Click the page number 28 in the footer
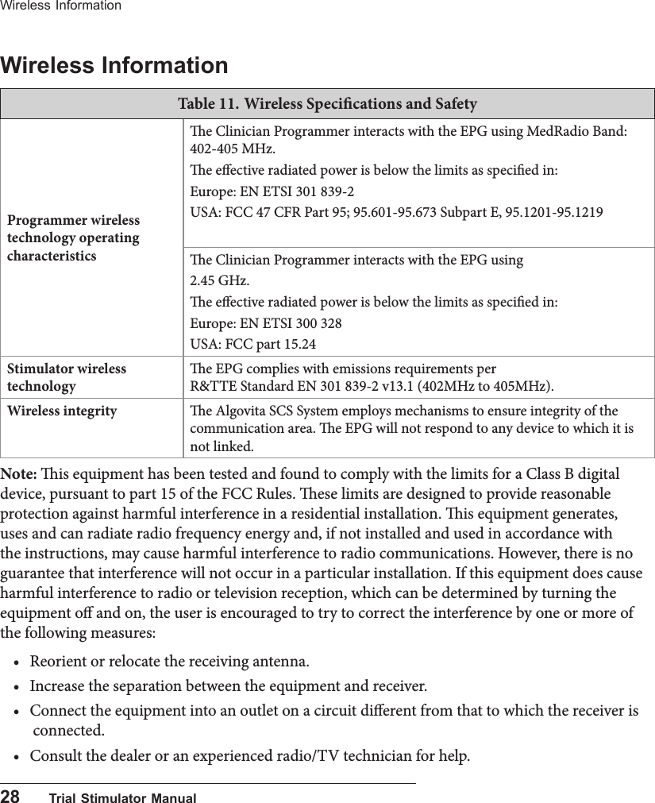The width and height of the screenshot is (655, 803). coord(10,796)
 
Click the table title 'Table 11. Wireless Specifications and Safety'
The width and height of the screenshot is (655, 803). coord(327,104)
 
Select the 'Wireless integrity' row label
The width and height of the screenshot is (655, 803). coord(62,411)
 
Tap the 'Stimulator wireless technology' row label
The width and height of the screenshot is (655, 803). coord(67,377)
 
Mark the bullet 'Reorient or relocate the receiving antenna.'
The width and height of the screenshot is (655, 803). coord(170,661)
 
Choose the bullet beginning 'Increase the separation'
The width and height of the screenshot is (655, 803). coord(228,685)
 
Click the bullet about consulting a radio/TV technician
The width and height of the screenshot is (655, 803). coord(249,753)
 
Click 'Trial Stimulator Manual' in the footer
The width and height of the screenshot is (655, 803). coord(122,797)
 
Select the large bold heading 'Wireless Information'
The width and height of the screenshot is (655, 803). coord(114,64)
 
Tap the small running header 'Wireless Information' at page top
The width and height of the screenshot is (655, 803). coord(61,6)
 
